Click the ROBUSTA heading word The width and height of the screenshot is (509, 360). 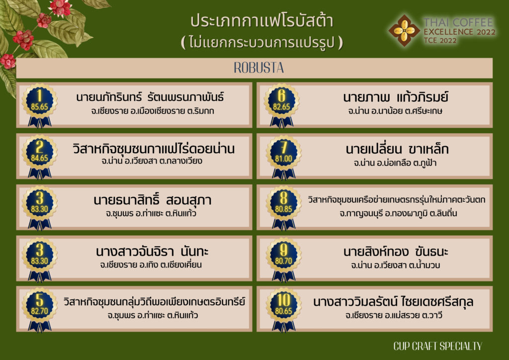(x=258, y=68)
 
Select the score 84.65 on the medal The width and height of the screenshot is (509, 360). (x=40, y=158)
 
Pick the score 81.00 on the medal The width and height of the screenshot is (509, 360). (x=283, y=159)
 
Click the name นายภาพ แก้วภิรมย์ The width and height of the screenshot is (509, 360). (x=396, y=97)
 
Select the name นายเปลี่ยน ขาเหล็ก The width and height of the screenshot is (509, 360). (x=397, y=149)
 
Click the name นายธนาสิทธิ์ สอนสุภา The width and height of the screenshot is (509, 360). (x=152, y=200)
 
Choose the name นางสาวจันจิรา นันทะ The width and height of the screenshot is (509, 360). (x=152, y=251)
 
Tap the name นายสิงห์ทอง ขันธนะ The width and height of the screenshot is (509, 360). (x=396, y=252)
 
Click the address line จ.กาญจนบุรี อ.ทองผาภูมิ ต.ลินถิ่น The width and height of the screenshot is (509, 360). (x=398, y=214)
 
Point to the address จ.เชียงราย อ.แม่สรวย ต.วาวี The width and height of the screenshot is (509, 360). (x=394, y=315)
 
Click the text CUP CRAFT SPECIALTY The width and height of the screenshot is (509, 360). (x=437, y=346)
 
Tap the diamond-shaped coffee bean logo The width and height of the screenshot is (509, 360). (x=404, y=30)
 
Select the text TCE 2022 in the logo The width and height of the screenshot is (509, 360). (x=440, y=41)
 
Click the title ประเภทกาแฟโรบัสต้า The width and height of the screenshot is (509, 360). (x=261, y=20)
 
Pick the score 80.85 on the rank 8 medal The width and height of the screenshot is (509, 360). (x=283, y=209)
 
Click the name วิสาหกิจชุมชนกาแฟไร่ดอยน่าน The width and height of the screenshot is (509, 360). (x=154, y=149)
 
